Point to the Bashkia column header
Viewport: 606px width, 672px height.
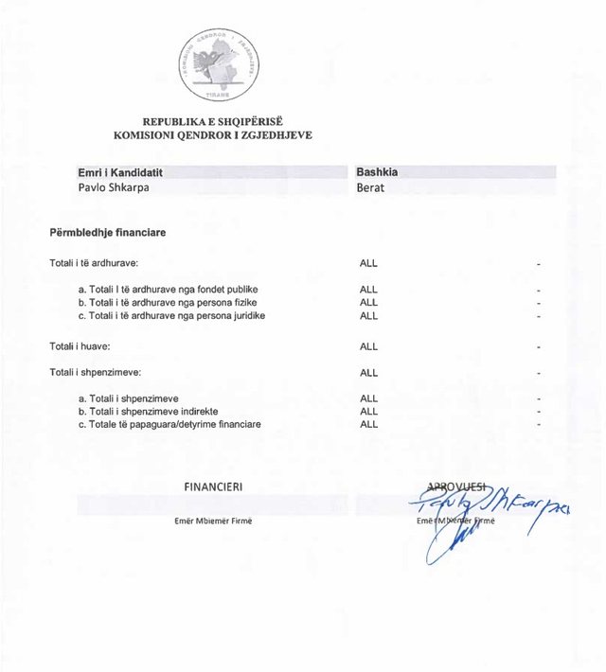376,173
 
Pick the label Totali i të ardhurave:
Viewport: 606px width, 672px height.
95,263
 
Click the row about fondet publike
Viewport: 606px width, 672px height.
169,290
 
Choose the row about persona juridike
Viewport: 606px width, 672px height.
171,315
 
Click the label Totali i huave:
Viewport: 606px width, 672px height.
80,346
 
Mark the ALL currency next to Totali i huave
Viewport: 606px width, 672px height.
368,346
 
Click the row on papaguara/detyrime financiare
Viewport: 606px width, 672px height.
169,424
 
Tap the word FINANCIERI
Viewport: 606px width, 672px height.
213,486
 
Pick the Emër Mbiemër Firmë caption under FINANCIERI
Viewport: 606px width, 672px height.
213,522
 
